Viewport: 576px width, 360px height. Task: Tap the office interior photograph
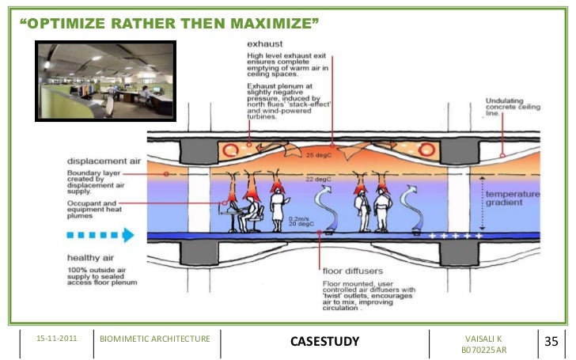(x=99, y=81)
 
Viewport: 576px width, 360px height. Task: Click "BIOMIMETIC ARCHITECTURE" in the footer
(x=155, y=339)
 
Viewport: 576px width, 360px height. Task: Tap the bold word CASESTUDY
(x=324, y=341)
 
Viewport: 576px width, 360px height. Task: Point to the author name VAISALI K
(x=483, y=339)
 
